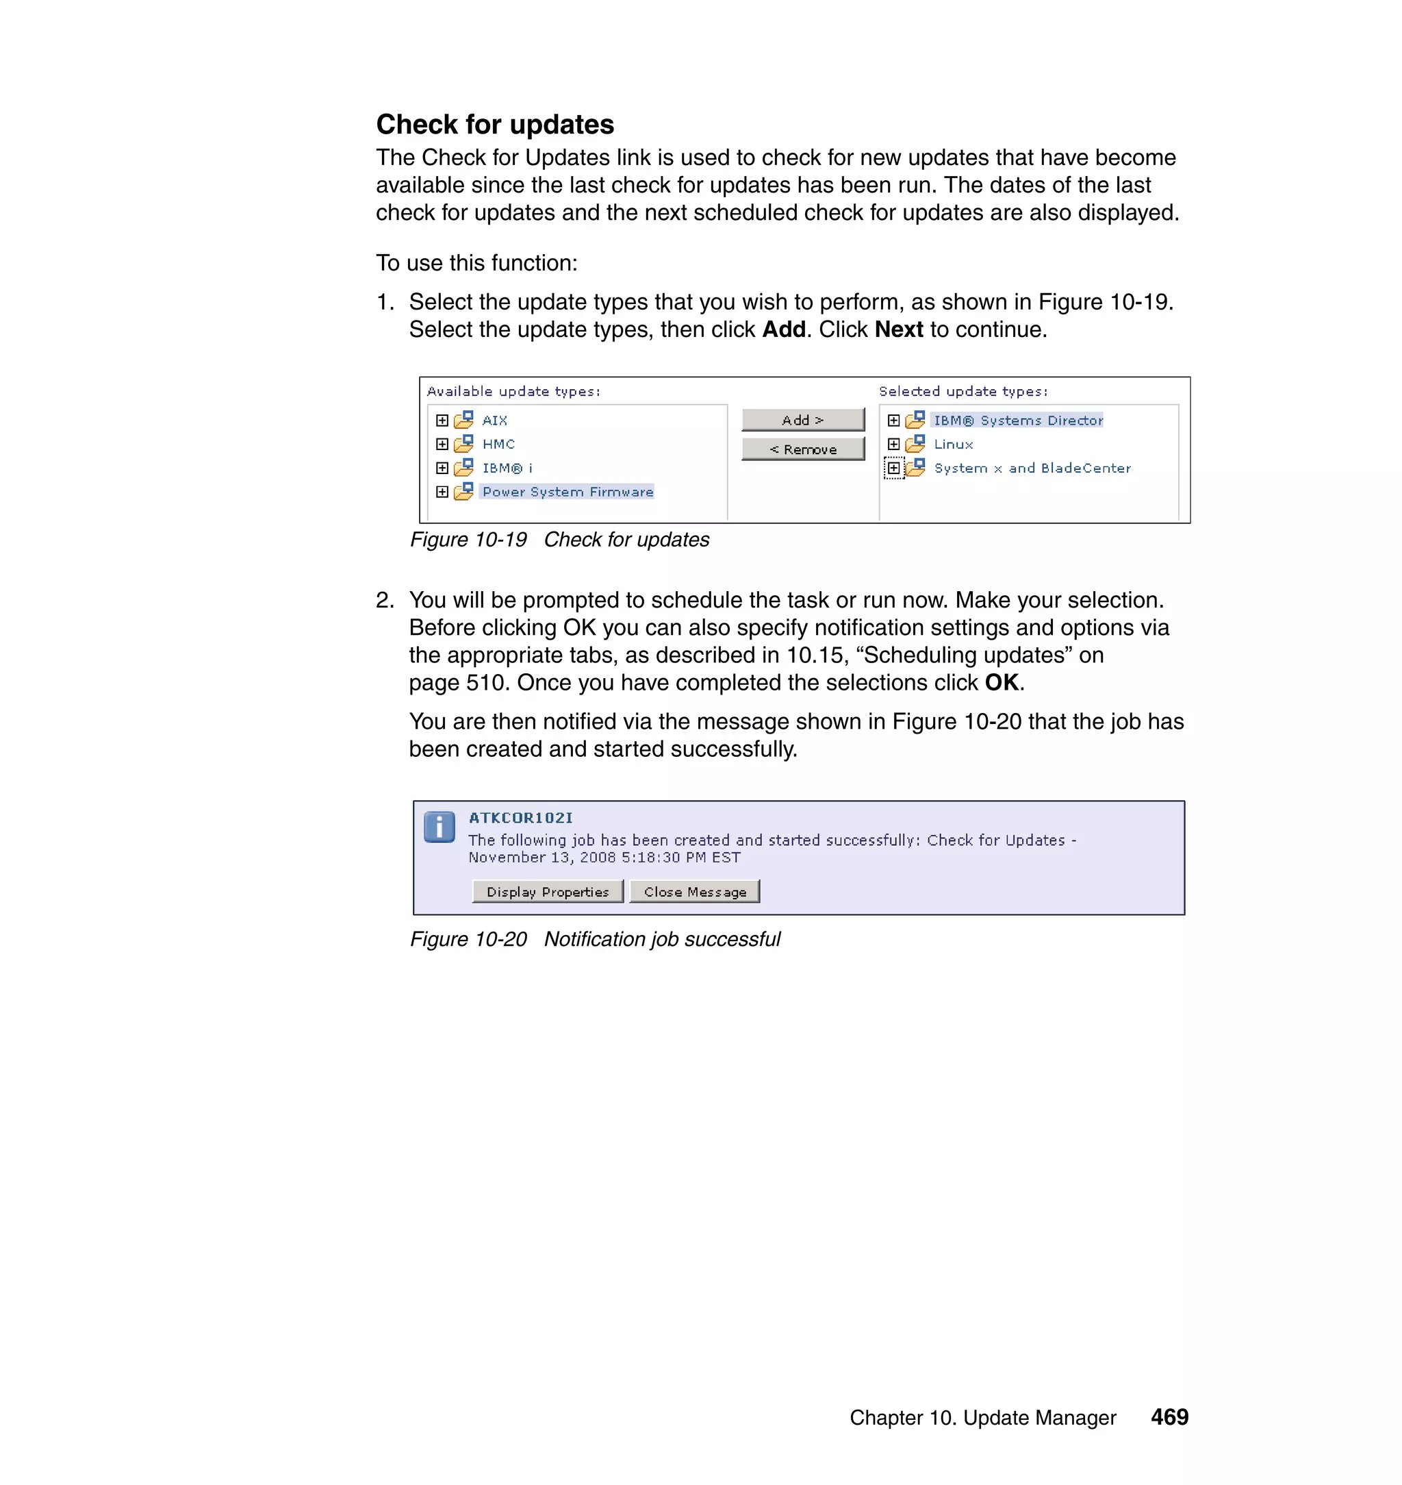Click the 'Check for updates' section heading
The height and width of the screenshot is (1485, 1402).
pos(495,125)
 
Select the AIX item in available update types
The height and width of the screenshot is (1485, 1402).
pos(494,421)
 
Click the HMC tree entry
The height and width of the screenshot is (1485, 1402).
pos(498,444)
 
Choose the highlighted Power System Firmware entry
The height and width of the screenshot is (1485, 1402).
pos(568,492)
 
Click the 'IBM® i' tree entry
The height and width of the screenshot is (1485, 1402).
pos(507,468)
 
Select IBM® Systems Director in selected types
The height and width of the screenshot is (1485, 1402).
pos(1018,421)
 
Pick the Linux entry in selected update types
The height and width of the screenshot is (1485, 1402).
pos(953,444)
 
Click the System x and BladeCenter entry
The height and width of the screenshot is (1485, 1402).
pos(1032,468)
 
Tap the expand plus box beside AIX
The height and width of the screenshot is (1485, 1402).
pos(442,421)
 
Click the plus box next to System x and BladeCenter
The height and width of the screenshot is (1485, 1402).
pos(894,468)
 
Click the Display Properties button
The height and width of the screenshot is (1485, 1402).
pos(548,891)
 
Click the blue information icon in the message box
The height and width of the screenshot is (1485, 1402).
pos(439,827)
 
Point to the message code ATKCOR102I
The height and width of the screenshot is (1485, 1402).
pos(520,818)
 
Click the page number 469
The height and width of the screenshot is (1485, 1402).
pos(1169,1417)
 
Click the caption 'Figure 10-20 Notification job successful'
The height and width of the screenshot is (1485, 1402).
pos(595,939)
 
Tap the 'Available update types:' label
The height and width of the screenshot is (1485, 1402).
pos(513,391)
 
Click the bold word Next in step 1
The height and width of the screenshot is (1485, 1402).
pos(898,329)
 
